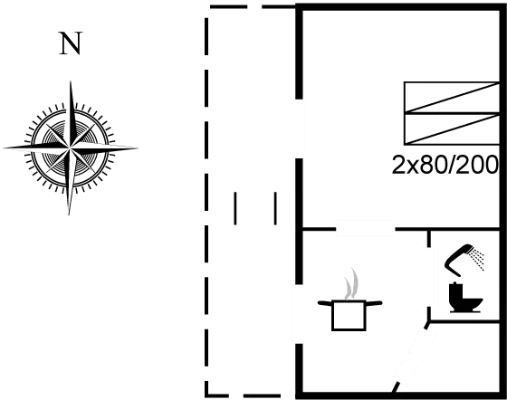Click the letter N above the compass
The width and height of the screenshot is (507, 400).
click(x=71, y=43)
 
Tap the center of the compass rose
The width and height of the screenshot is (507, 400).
click(x=70, y=148)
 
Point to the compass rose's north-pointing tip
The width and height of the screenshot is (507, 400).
click(x=71, y=81)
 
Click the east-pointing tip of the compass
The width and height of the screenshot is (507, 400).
click(x=138, y=148)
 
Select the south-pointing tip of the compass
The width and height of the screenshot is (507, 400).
click(x=69, y=214)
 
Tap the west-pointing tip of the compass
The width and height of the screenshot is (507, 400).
click(x=4, y=148)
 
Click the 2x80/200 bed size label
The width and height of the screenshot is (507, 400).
click(x=445, y=165)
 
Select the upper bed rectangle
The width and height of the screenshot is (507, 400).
click(x=451, y=98)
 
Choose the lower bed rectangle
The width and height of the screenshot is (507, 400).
click(x=451, y=129)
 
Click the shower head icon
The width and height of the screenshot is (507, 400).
click(x=458, y=259)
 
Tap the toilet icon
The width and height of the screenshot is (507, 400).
click(x=466, y=298)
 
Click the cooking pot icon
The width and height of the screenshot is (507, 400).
click(x=349, y=315)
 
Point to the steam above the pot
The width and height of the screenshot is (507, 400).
click(x=352, y=284)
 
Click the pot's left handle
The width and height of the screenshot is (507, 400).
click(x=325, y=303)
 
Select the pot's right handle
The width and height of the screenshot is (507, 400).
click(x=374, y=303)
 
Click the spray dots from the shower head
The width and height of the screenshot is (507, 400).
click(x=478, y=258)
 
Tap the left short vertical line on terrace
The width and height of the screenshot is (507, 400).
click(x=235, y=208)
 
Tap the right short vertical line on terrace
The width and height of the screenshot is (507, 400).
click(x=275, y=208)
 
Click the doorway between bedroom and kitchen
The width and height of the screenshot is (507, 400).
click(x=366, y=229)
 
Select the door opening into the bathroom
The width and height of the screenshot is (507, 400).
click(x=429, y=277)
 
